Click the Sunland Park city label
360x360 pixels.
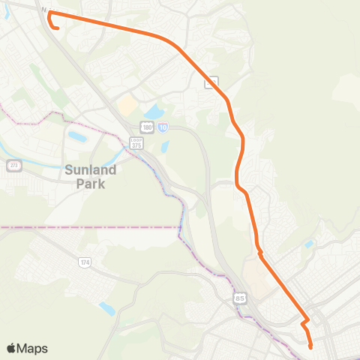click(x=90, y=176)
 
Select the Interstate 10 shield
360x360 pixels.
click(x=163, y=128)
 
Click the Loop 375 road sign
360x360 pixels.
click(x=136, y=142)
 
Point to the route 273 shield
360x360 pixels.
click(x=13, y=165)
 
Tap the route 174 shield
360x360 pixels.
click(x=85, y=262)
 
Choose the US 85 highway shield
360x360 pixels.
click(x=239, y=298)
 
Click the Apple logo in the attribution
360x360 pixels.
click(x=11, y=348)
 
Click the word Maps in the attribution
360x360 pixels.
click(x=33, y=348)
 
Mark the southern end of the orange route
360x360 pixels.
click(x=310, y=346)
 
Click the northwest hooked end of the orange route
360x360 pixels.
click(x=56, y=28)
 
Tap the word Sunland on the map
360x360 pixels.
click(x=90, y=169)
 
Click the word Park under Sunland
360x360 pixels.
click(x=90, y=184)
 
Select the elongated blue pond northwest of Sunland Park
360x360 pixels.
click(x=76, y=137)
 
